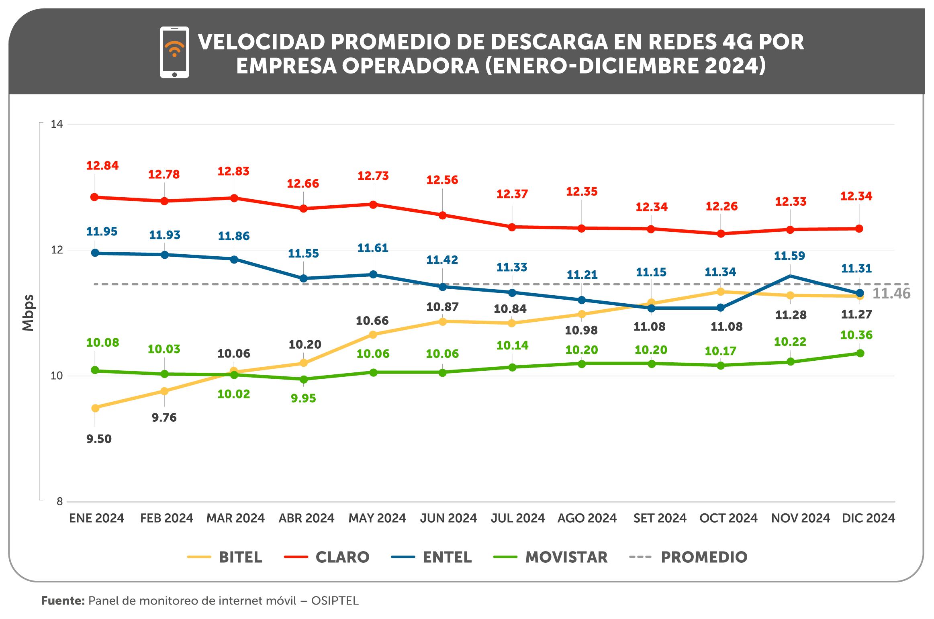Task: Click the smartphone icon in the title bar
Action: [174, 52]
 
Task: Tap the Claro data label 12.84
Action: [102, 165]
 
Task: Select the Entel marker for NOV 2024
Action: [790, 276]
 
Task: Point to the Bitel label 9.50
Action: [99, 439]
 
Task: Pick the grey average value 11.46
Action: [891, 294]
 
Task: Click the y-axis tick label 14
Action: [57, 124]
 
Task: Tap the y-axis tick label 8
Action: [59, 501]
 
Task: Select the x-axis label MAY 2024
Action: [377, 518]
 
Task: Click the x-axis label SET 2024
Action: [660, 518]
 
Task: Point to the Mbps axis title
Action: [28, 313]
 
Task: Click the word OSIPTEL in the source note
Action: [335, 601]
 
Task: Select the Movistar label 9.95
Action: [303, 398]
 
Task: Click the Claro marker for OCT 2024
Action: [721, 233]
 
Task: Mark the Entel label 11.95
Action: [102, 231]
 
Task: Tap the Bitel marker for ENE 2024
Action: [95, 408]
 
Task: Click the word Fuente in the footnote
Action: [63, 601]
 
